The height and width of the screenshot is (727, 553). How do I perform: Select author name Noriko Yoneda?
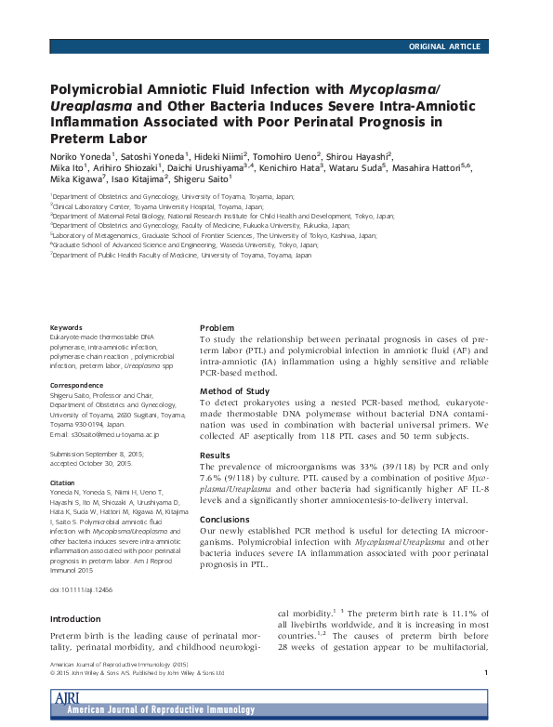click(80, 156)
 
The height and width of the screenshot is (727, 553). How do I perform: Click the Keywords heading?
click(66, 328)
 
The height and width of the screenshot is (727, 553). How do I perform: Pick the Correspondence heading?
click(77, 383)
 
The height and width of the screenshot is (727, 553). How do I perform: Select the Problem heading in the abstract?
click(217, 328)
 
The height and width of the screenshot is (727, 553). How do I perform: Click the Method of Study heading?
click(235, 390)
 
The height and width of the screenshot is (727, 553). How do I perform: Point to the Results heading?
click(215, 455)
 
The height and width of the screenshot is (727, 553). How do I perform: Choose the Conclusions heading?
click(226, 520)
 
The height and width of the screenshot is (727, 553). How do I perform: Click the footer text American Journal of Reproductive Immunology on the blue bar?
click(166, 710)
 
